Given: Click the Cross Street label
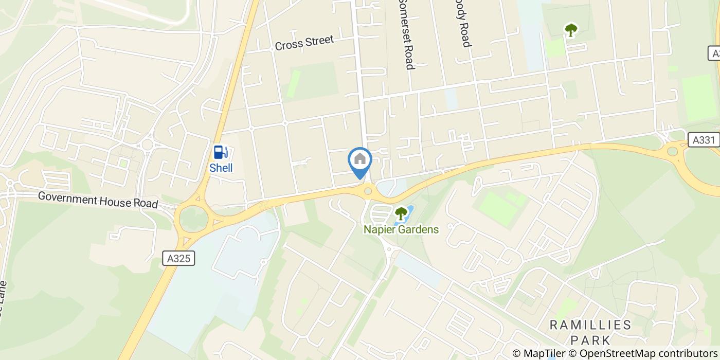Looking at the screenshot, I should pos(304,42).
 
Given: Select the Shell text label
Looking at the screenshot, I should pos(221,168).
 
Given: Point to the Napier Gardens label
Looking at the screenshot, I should pos(401,229).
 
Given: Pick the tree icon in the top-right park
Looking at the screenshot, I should pos(570,30).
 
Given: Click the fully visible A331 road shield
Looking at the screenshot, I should pos(704,139).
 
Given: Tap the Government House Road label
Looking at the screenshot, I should pos(98,200).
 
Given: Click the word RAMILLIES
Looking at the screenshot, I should pos(590,325).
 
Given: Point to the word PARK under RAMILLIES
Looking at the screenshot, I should pos(590,340).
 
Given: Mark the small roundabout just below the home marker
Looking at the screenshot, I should pos(368,191).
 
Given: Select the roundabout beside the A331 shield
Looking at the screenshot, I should pos(672,151).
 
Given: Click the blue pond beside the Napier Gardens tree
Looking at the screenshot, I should pos(410,212).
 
